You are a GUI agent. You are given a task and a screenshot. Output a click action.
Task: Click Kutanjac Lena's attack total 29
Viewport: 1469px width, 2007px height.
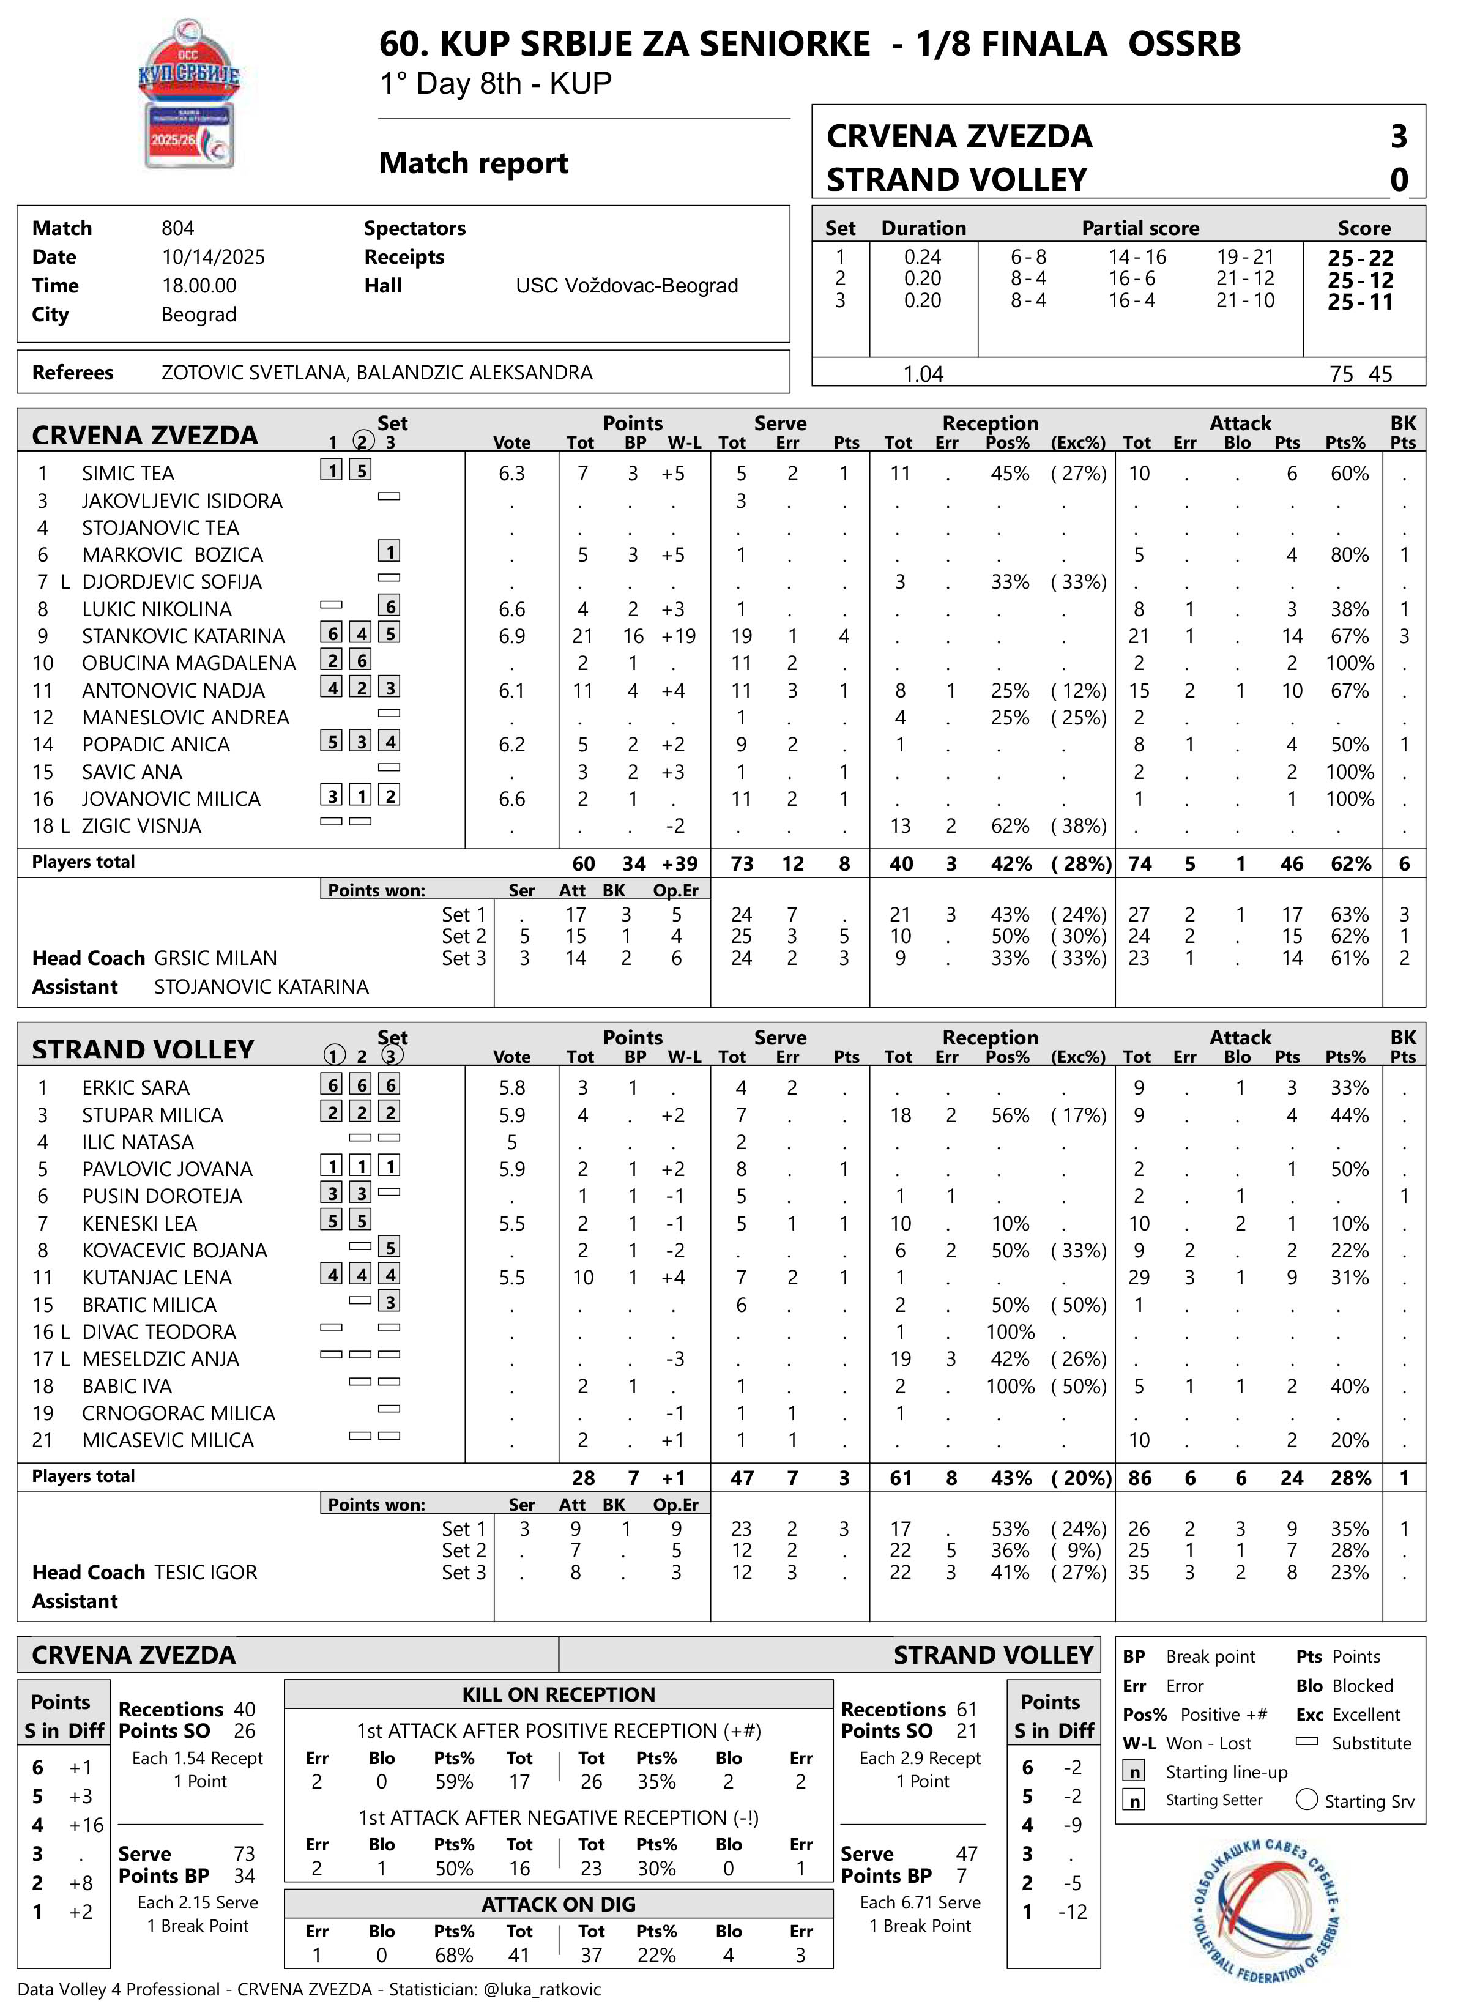[x=1138, y=1277]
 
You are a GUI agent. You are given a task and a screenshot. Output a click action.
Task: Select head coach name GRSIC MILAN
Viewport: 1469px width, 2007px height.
[x=215, y=958]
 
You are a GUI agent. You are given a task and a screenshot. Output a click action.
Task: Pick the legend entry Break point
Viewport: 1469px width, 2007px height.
[x=1210, y=1656]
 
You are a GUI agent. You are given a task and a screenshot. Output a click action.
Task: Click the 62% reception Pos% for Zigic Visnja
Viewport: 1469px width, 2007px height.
[x=1010, y=825]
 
